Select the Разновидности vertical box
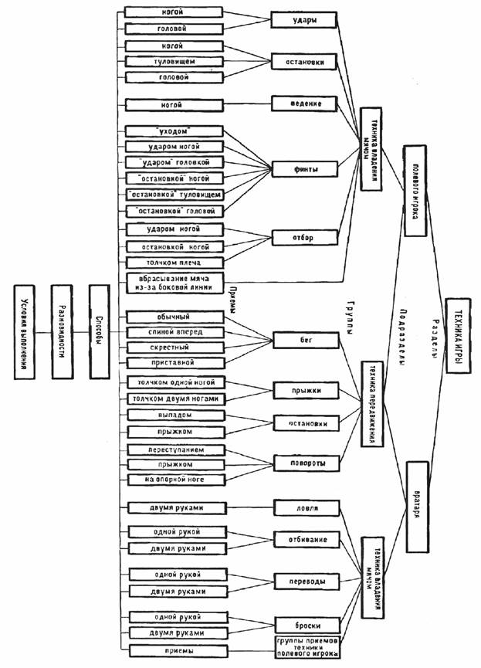click(61, 331)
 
